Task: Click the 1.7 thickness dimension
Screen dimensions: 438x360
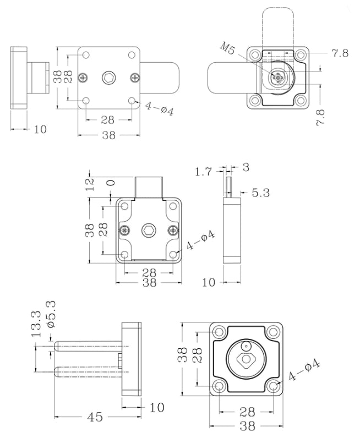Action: [203, 172]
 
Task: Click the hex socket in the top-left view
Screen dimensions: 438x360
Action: [109, 78]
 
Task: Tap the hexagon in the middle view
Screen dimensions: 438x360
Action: [149, 230]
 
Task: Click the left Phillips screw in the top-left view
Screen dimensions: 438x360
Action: [83, 78]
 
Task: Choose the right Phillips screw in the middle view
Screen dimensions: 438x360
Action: [174, 230]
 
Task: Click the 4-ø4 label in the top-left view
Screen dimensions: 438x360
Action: [160, 109]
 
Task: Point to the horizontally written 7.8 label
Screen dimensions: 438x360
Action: [340, 53]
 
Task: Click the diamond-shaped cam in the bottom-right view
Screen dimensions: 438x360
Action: [246, 361]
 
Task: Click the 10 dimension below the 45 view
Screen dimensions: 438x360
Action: [157, 407]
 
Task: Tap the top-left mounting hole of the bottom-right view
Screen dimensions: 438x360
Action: [219, 333]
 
